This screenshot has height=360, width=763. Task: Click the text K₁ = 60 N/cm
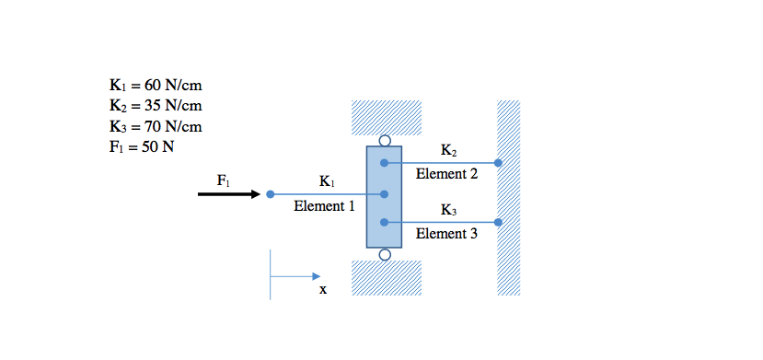coord(155,87)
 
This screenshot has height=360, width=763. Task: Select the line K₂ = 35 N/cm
coord(155,107)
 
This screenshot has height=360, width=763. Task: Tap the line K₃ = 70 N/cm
coord(155,127)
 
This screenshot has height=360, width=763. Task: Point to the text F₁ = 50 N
coord(141,147)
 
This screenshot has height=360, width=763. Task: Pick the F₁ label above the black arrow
coord(225,180)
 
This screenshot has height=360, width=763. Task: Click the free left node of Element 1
coord(270,194)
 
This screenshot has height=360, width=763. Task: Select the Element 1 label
coord(324,207)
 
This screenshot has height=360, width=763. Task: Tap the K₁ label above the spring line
coord(328,180)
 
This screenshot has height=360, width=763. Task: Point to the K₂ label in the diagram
coord(449,150)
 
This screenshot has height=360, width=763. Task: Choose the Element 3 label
coord(446,234)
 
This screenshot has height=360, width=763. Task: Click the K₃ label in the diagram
coord(449,210)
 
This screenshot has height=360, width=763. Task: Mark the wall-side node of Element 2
coord(498,163)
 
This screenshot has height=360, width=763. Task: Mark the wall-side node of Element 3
coord(498,222)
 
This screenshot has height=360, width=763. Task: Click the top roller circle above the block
coord(385,141)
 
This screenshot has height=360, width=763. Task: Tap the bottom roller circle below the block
coord(385,254)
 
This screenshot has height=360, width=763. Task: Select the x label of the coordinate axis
coord(323,289)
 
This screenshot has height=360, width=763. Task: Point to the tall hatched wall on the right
coord(509,197)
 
